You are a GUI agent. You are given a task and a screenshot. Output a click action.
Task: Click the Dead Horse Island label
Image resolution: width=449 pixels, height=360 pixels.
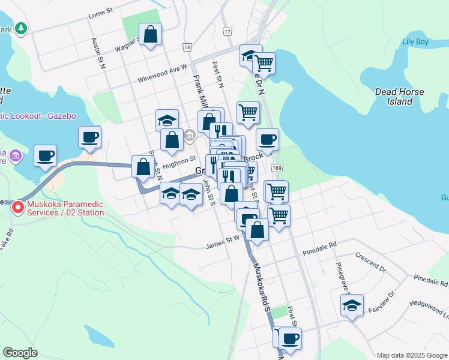click(399, 97)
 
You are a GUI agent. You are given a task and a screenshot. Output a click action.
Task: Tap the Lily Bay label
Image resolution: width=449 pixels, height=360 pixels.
click(415, 41)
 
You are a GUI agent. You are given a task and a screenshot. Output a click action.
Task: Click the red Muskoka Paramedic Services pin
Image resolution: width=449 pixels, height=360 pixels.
click(18, 208)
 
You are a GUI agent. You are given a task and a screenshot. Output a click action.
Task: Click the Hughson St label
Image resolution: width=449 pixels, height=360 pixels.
click(179, 161)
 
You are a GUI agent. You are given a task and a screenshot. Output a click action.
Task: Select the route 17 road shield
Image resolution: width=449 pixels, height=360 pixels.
click(226, 31)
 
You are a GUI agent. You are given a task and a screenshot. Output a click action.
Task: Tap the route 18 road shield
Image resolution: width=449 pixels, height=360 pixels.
click(188, 47)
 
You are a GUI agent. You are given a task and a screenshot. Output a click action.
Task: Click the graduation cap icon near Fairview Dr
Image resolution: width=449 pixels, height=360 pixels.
click(352, 305)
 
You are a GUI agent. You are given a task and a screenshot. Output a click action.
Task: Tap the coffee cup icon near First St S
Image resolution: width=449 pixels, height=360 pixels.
click(290, 338)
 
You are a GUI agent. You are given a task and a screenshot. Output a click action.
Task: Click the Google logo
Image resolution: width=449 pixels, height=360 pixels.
click(20, 353)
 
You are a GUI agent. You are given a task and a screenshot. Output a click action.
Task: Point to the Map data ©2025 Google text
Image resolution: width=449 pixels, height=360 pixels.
click(411, 355)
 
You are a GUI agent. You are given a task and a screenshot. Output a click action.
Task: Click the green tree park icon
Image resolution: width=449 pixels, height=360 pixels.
click(21, 28)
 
